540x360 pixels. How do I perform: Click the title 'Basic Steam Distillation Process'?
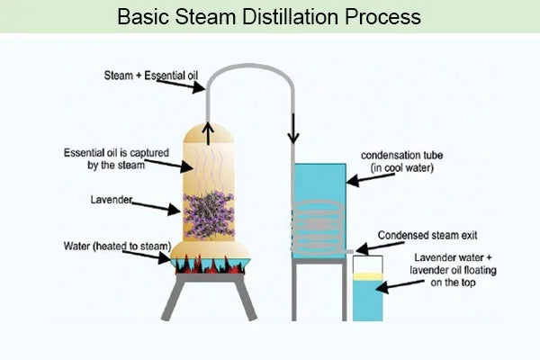pos(270,17)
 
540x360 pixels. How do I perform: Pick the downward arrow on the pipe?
pos(293,135)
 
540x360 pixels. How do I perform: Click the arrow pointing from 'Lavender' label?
pos(161,207)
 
